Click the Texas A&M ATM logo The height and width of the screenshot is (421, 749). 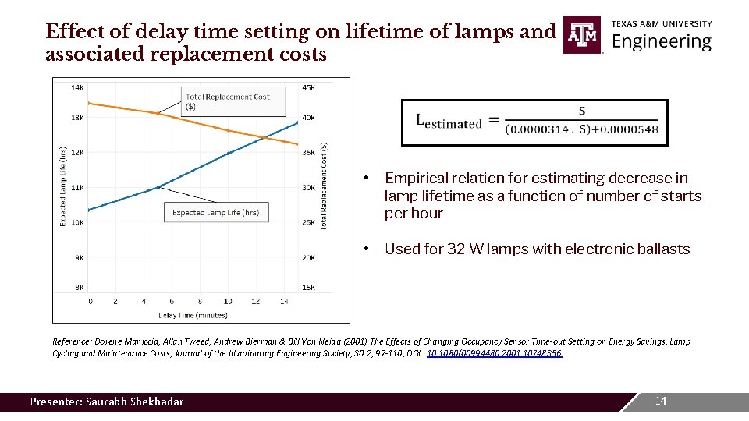click(582, 35)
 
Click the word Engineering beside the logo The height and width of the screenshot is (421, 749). click(662, 42)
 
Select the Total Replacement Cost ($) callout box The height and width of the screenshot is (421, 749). click(227, 101)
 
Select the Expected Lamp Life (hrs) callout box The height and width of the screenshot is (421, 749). click(215, 212)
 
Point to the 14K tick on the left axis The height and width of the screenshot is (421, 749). click(77, 87)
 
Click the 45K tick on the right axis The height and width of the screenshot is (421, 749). click(309, 87)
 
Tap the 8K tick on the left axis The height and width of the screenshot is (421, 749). click(79, 287)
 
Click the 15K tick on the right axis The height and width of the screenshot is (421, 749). click(309, 287)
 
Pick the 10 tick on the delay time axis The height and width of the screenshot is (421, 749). click(228, 301)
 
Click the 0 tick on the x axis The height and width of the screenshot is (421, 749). click(90, 301)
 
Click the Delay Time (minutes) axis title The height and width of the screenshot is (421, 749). click(193, 315)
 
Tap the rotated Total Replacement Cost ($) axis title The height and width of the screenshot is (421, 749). click(324, 185)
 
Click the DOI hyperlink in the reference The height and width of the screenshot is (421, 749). click(494, 353)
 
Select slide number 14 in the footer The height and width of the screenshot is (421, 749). click(660, 401)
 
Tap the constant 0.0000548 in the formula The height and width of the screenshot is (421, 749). click(630, 129)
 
